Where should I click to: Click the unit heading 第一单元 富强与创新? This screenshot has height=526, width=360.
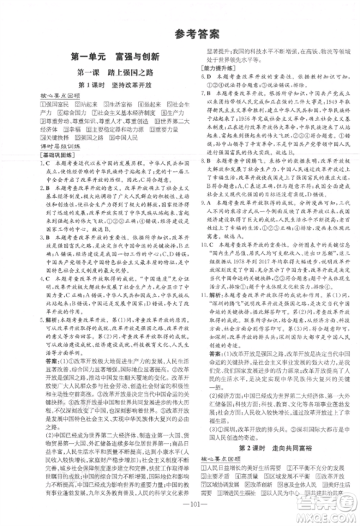click(x=105, y=56)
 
